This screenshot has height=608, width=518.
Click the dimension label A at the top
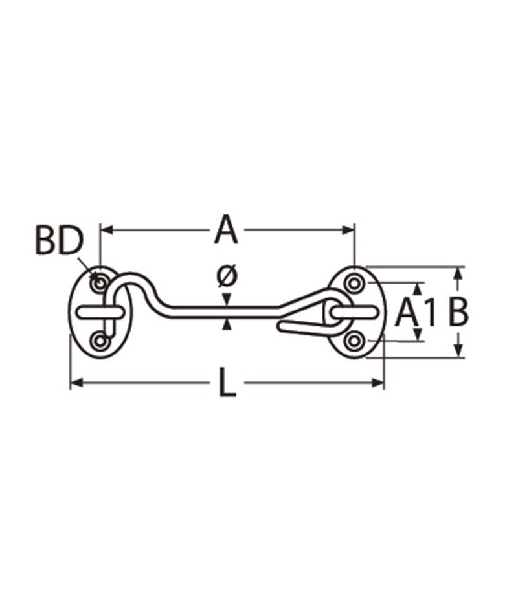pos(226,231)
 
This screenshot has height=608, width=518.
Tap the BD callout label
pos(60,241)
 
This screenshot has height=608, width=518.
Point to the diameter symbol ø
pos(227,276)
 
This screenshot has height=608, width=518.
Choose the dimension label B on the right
pos(458,312)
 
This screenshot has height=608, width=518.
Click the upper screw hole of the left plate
pos(100,283)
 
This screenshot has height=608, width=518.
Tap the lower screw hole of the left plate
pos(100,342)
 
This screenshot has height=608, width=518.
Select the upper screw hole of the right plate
pos(354,284)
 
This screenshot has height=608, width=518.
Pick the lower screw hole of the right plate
pos(354,341)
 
